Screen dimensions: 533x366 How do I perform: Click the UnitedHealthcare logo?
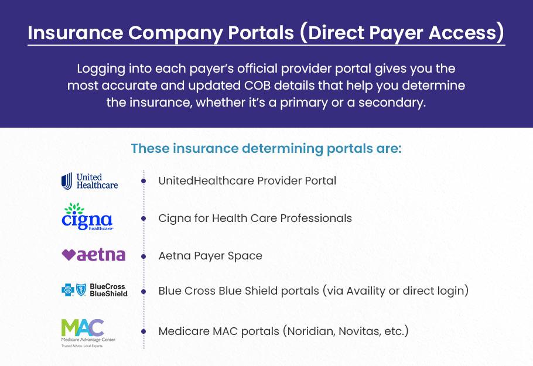click(x=90, y=181)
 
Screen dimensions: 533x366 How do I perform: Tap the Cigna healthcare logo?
click(x=87, y=217)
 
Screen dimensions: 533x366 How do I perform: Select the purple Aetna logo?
click(x=94, y=255)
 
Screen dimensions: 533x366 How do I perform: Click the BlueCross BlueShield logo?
click(x=94, y=290)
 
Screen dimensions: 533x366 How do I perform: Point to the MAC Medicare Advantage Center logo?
click(x=88, y=333)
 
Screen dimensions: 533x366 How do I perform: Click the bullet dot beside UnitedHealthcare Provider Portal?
click(x=143, y=181)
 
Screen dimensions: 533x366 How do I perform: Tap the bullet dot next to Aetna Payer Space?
click(x=143, y=256)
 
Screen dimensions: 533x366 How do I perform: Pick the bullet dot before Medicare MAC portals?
click(x=143, y=331)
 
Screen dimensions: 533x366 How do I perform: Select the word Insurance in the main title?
click(x=75, y=33)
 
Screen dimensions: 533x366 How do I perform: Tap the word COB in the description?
click(x=257, y=85)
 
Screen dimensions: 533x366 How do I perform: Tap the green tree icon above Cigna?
click(x=74, y=208)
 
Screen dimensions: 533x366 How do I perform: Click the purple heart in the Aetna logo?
click(x=69, y=255)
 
